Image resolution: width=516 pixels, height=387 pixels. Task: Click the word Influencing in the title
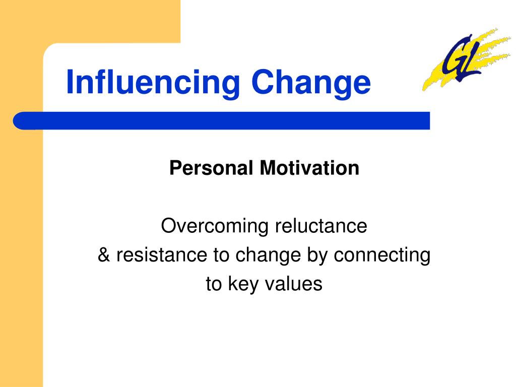pyautogui.click(x=153, y=84)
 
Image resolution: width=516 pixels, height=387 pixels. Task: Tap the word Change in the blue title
pyautogui.click(x=311, y=84)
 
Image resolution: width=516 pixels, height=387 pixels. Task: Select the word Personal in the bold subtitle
pyautogui.click(x=211, y=168)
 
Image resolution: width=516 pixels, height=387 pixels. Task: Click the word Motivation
pyautogui.click(x=309, y=168)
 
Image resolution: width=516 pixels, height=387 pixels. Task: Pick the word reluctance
pyautogui.click(x=321, y=226)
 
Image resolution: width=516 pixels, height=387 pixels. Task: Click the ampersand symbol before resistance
pyautogui.click(x=104, y=254)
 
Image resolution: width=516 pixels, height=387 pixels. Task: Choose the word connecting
pyautogui.click(x=382, y=256)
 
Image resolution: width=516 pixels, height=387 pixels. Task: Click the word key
pyautogui.click(x=243, y=285)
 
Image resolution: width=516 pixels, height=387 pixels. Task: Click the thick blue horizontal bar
pyautogui.click(x=221, y=121)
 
